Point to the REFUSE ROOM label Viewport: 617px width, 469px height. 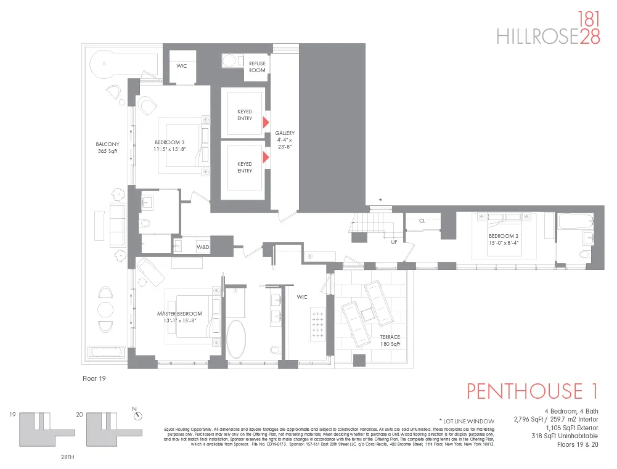(257, 67)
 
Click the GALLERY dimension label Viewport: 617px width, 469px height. (285, 140)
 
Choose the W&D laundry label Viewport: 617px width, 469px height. (203, 247)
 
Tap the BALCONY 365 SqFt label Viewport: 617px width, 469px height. (107, 148)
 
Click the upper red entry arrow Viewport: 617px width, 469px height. (266, 122)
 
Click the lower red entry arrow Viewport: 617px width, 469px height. (266, 158)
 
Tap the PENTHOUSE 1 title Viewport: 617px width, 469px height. (533, 391)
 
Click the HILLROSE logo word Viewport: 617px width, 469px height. (537, 38)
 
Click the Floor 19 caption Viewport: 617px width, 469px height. (95, 378)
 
